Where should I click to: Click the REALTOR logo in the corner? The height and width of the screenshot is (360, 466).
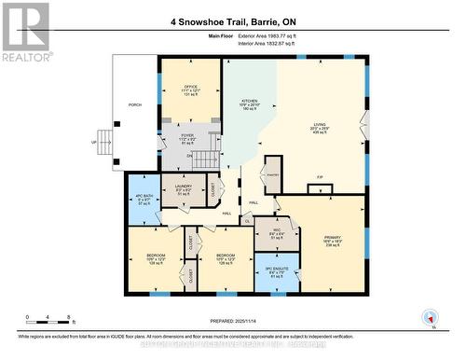(25, 30)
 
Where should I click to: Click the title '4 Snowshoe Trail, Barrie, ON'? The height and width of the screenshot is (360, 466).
(232, 20)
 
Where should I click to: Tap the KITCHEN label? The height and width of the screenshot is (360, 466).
(249, 104)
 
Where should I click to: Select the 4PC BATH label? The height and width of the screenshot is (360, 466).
(144, 198)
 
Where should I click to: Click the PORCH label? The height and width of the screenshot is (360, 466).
(135, 105)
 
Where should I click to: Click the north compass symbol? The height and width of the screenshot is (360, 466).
(429, 317)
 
